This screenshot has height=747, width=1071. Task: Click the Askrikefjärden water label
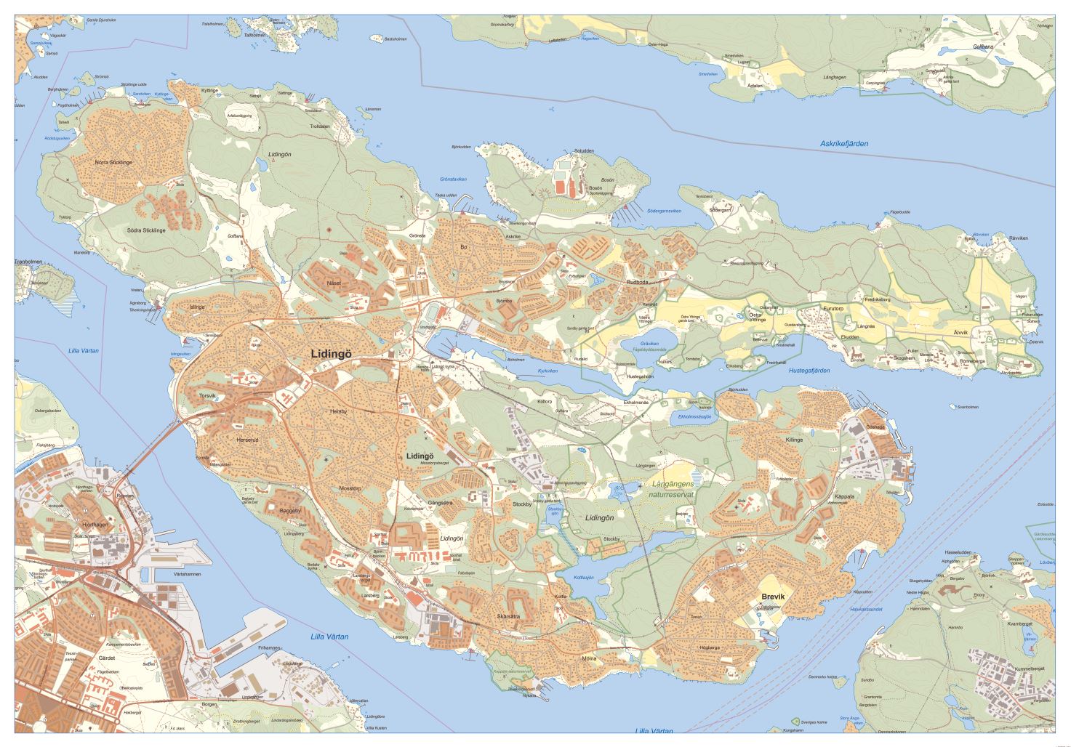coord(844,144)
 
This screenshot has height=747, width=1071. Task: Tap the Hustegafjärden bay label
coord(809,371)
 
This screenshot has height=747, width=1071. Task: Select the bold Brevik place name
coord(773,597)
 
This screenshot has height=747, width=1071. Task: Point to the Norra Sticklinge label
coord(113,163)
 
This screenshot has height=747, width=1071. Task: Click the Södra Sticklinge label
coord(146,230)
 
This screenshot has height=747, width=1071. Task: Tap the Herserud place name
coord(247,440)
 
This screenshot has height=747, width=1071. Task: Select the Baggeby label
coord(291,511)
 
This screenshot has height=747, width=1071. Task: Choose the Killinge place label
coord(794,440)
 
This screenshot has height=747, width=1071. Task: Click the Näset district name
coord(334,283)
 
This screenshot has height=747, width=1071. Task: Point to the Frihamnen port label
coord(269,647)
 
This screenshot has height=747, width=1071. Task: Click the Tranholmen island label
coord(29,262)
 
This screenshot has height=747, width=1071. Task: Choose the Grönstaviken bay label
coord(453,179)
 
